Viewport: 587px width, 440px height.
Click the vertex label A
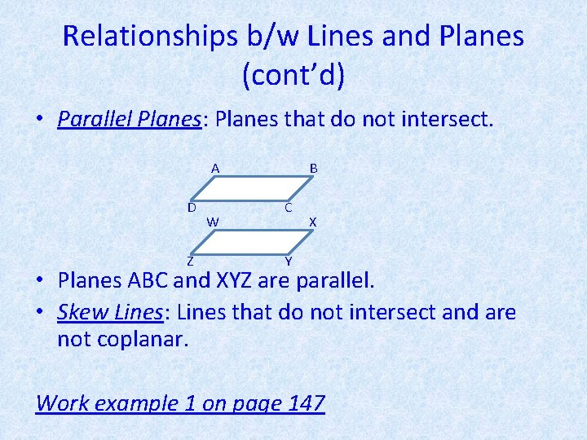pyautogui.click(x=215, y=169)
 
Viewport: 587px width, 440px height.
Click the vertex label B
pyautogui.click(x=313, y=169)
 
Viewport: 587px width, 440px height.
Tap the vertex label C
pyautogui.click(x=289, y=208)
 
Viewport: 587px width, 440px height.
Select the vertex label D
pyautogui.click(x=191, y=207)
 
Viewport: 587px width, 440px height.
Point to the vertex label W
pyautogui.click(x=212, y=221)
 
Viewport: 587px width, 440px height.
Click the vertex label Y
pyautogui.click(x=289, y=261)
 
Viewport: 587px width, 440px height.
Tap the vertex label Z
pyautogui.click(x=190, y=262)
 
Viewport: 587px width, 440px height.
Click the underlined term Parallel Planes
pyautogui.click(x=129, y=120)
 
